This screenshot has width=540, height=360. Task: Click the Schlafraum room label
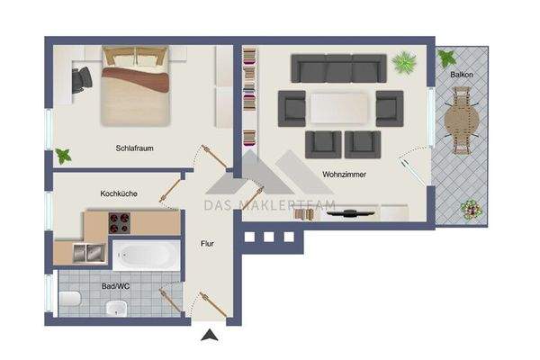point(132,148)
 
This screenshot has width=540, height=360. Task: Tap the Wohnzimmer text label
point(345,175)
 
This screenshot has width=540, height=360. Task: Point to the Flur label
point(206,243)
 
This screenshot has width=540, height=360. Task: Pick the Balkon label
point(462,75)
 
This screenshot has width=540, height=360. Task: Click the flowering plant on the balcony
point(469,211)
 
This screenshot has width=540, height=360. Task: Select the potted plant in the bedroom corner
point(64,156)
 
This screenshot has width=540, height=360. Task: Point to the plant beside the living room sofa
point(404,64)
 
